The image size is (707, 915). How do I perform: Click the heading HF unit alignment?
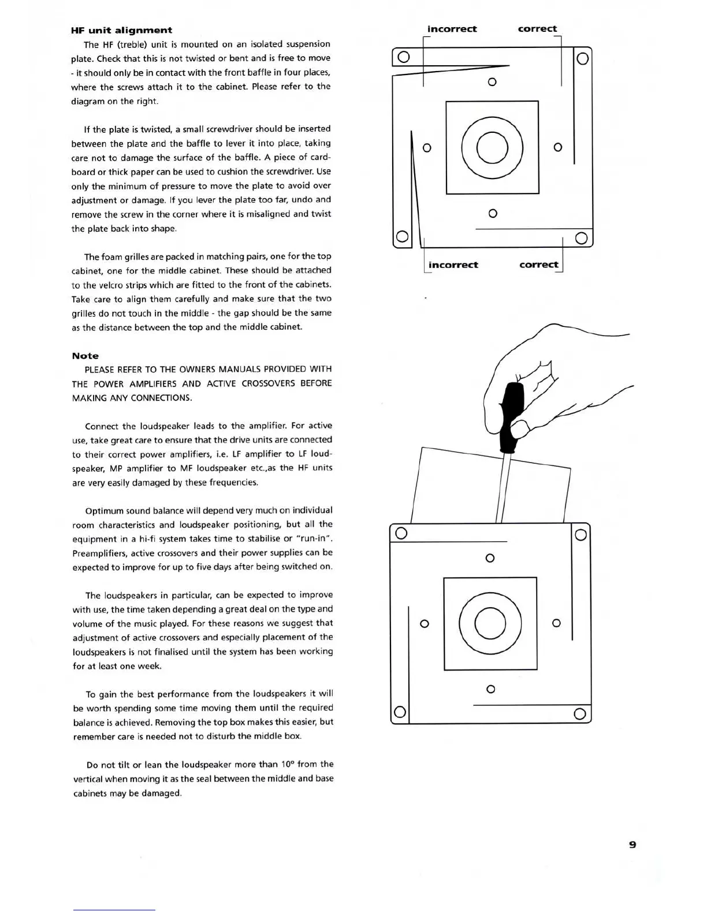click(121, 30)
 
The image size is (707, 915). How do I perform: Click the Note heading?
click(85, 356)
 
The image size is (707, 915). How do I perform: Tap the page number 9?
click(632, 845)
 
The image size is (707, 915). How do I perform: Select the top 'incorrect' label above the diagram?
click(452, 29)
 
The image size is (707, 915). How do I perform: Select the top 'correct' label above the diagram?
click(537, 29)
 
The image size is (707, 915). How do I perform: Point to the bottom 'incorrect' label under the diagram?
click(453, 265)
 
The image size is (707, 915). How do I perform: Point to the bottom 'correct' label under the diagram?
click(538, 265)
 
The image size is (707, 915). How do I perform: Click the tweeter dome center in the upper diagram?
click(492, 147)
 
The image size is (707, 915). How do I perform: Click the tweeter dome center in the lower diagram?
click(490, 624)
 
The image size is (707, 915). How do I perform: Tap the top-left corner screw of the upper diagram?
click(404, 57)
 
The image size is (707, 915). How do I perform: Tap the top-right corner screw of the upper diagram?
click(582, 58)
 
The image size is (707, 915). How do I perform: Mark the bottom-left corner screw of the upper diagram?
click(402, 237)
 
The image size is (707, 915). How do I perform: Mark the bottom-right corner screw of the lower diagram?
click(581, 714)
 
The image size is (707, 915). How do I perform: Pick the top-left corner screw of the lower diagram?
click(401, 533)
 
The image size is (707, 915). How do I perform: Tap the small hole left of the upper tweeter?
click(427, 148)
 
